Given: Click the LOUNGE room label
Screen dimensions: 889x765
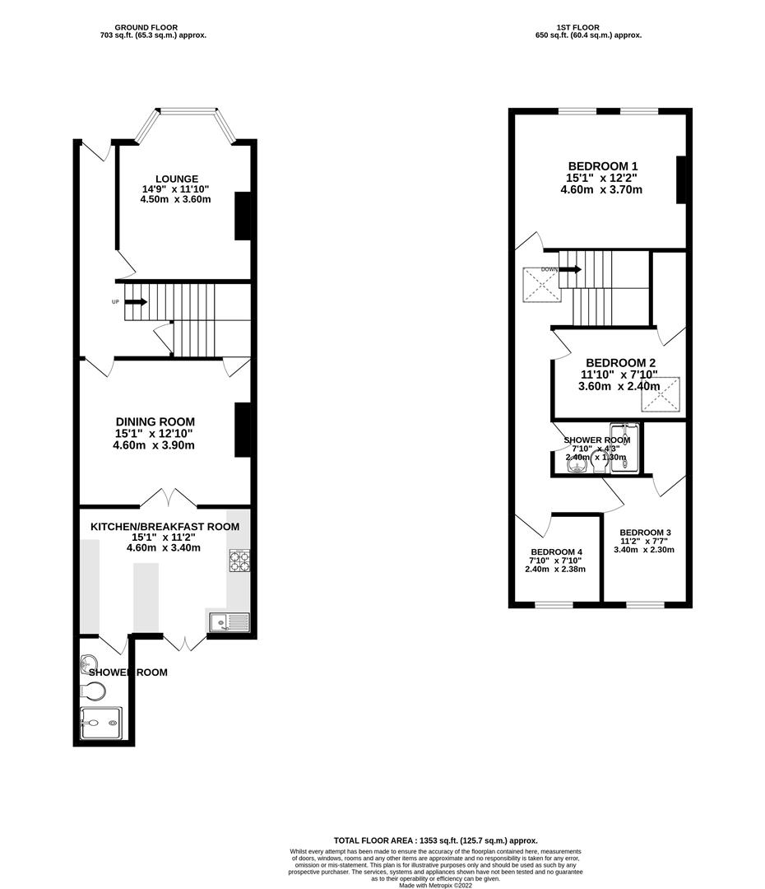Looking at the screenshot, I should (x=177, y=179).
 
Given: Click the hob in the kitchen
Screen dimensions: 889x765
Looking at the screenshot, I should (x=238, y=561).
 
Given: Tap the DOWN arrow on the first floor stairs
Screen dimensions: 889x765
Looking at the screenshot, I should (x=571, y=269).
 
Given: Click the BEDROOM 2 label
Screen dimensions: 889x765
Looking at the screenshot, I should (x=620, y=363).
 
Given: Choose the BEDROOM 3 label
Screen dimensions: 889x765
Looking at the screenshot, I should (x=646, y=532).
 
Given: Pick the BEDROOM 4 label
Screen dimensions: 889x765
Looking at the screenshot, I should (x=556, y=552).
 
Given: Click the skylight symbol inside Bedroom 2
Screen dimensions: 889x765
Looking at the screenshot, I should (x=662, y=394).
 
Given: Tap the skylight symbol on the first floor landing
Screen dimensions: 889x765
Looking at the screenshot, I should (x=542, y=284).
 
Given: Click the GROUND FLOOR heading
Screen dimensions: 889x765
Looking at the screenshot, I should (x=146, y=27).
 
